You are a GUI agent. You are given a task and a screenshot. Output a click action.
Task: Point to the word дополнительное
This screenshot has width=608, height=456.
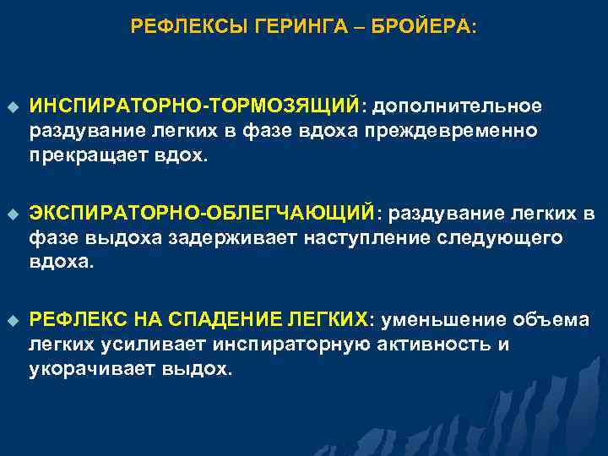[457, 106]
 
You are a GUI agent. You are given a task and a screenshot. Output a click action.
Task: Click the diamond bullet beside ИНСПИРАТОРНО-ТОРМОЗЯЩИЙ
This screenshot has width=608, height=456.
[12, 106]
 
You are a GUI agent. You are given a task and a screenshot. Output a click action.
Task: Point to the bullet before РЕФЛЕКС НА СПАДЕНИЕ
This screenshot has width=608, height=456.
[12, 320]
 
